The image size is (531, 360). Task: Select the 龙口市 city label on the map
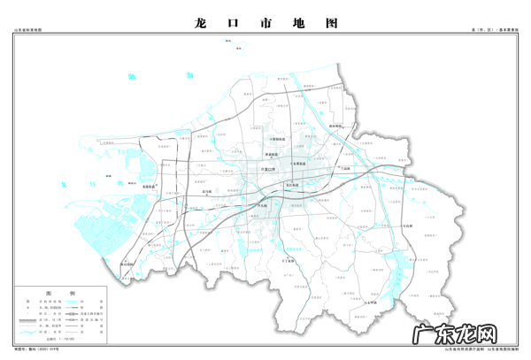(272, 168)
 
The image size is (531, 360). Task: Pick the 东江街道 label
(292, 185)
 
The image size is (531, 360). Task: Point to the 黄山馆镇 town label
(130, 264)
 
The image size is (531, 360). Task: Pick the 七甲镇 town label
(371, 304)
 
